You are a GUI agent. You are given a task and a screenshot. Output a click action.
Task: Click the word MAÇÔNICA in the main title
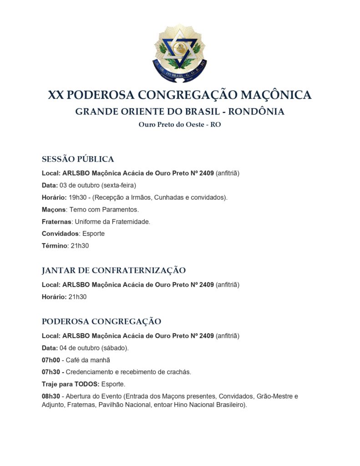(276, 95)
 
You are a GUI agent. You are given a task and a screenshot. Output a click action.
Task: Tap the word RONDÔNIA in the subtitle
(256, 111)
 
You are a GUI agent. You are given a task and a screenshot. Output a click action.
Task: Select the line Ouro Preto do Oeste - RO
(180, 124)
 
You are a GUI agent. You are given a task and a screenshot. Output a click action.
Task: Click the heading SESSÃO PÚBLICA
(78, 159)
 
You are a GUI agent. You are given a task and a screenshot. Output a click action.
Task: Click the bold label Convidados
(60, 234)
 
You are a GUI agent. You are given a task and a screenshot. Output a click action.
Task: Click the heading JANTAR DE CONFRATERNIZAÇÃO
(114, 270)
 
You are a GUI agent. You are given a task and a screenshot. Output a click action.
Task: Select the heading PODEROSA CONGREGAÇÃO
(101, 321)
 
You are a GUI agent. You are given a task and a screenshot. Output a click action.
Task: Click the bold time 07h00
(51, 360)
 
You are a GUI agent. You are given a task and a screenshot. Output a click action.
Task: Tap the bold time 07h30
(51, 372)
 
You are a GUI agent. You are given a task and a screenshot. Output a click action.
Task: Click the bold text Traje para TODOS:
(71, 384)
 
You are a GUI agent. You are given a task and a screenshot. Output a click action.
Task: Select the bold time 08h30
(51, 396)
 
